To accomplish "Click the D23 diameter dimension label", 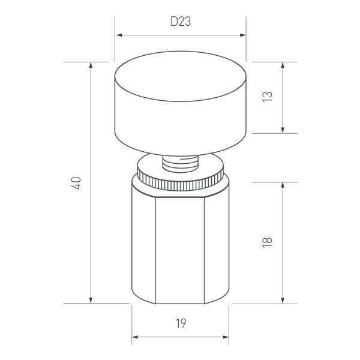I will coord(181,22).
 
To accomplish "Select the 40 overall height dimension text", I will coord(76,183).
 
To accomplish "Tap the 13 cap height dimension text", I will coord(268,97).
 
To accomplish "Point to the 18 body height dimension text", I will coord(268,242).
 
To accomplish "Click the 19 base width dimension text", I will coord(181,324).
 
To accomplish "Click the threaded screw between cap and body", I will coord(181,162).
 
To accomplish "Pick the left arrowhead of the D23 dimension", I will coord(119,35).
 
